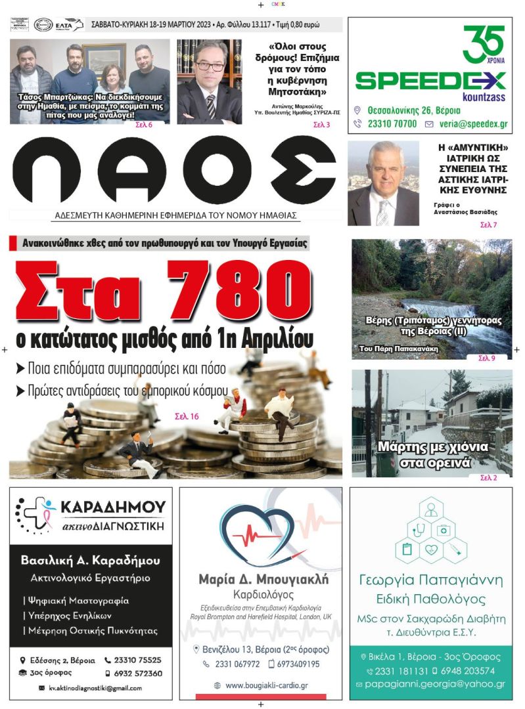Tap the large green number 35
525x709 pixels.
483,44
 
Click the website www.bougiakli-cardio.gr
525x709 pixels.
266,685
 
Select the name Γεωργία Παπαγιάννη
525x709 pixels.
430,580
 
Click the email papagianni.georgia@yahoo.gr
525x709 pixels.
435,684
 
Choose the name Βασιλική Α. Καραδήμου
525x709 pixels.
91,561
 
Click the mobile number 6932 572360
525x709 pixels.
137,674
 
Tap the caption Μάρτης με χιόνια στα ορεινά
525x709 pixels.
432,454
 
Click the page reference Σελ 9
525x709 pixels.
486,358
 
